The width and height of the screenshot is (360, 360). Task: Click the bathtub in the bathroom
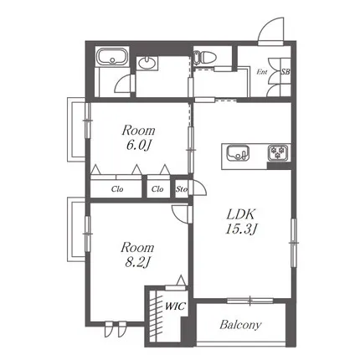(x=112, y=57)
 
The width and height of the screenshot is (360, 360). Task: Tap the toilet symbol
(x=204, y=58)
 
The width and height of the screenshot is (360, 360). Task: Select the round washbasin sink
(x=147, y=64)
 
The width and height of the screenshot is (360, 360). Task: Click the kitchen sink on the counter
(x=238, y=153)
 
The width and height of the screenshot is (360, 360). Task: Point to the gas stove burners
(x=278, y=152)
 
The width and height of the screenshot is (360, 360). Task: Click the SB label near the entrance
(x=285, y=72)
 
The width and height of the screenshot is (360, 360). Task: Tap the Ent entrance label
(x=262, y=72)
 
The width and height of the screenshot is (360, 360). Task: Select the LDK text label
(x=240, y=214)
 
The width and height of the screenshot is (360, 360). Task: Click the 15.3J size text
(x=241, y=229)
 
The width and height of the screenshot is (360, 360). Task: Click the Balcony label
(x=240, y=325)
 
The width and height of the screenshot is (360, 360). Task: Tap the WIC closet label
(x=175, y=306)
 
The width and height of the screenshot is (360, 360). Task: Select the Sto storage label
(x=182, y=189)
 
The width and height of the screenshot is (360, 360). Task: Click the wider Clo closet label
(x=117, y=189)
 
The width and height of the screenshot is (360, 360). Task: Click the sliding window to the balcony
(x=249, y=301)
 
